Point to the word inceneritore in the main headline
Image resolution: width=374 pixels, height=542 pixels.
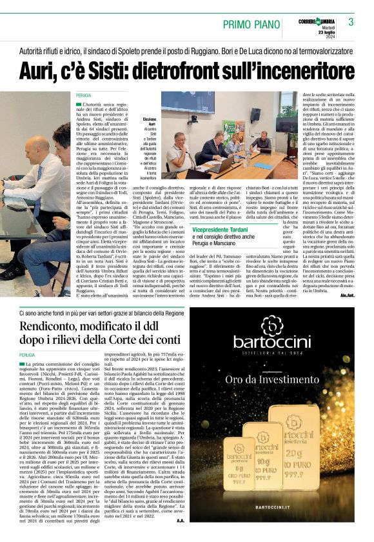pyautogui.click(x=293, y=70)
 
